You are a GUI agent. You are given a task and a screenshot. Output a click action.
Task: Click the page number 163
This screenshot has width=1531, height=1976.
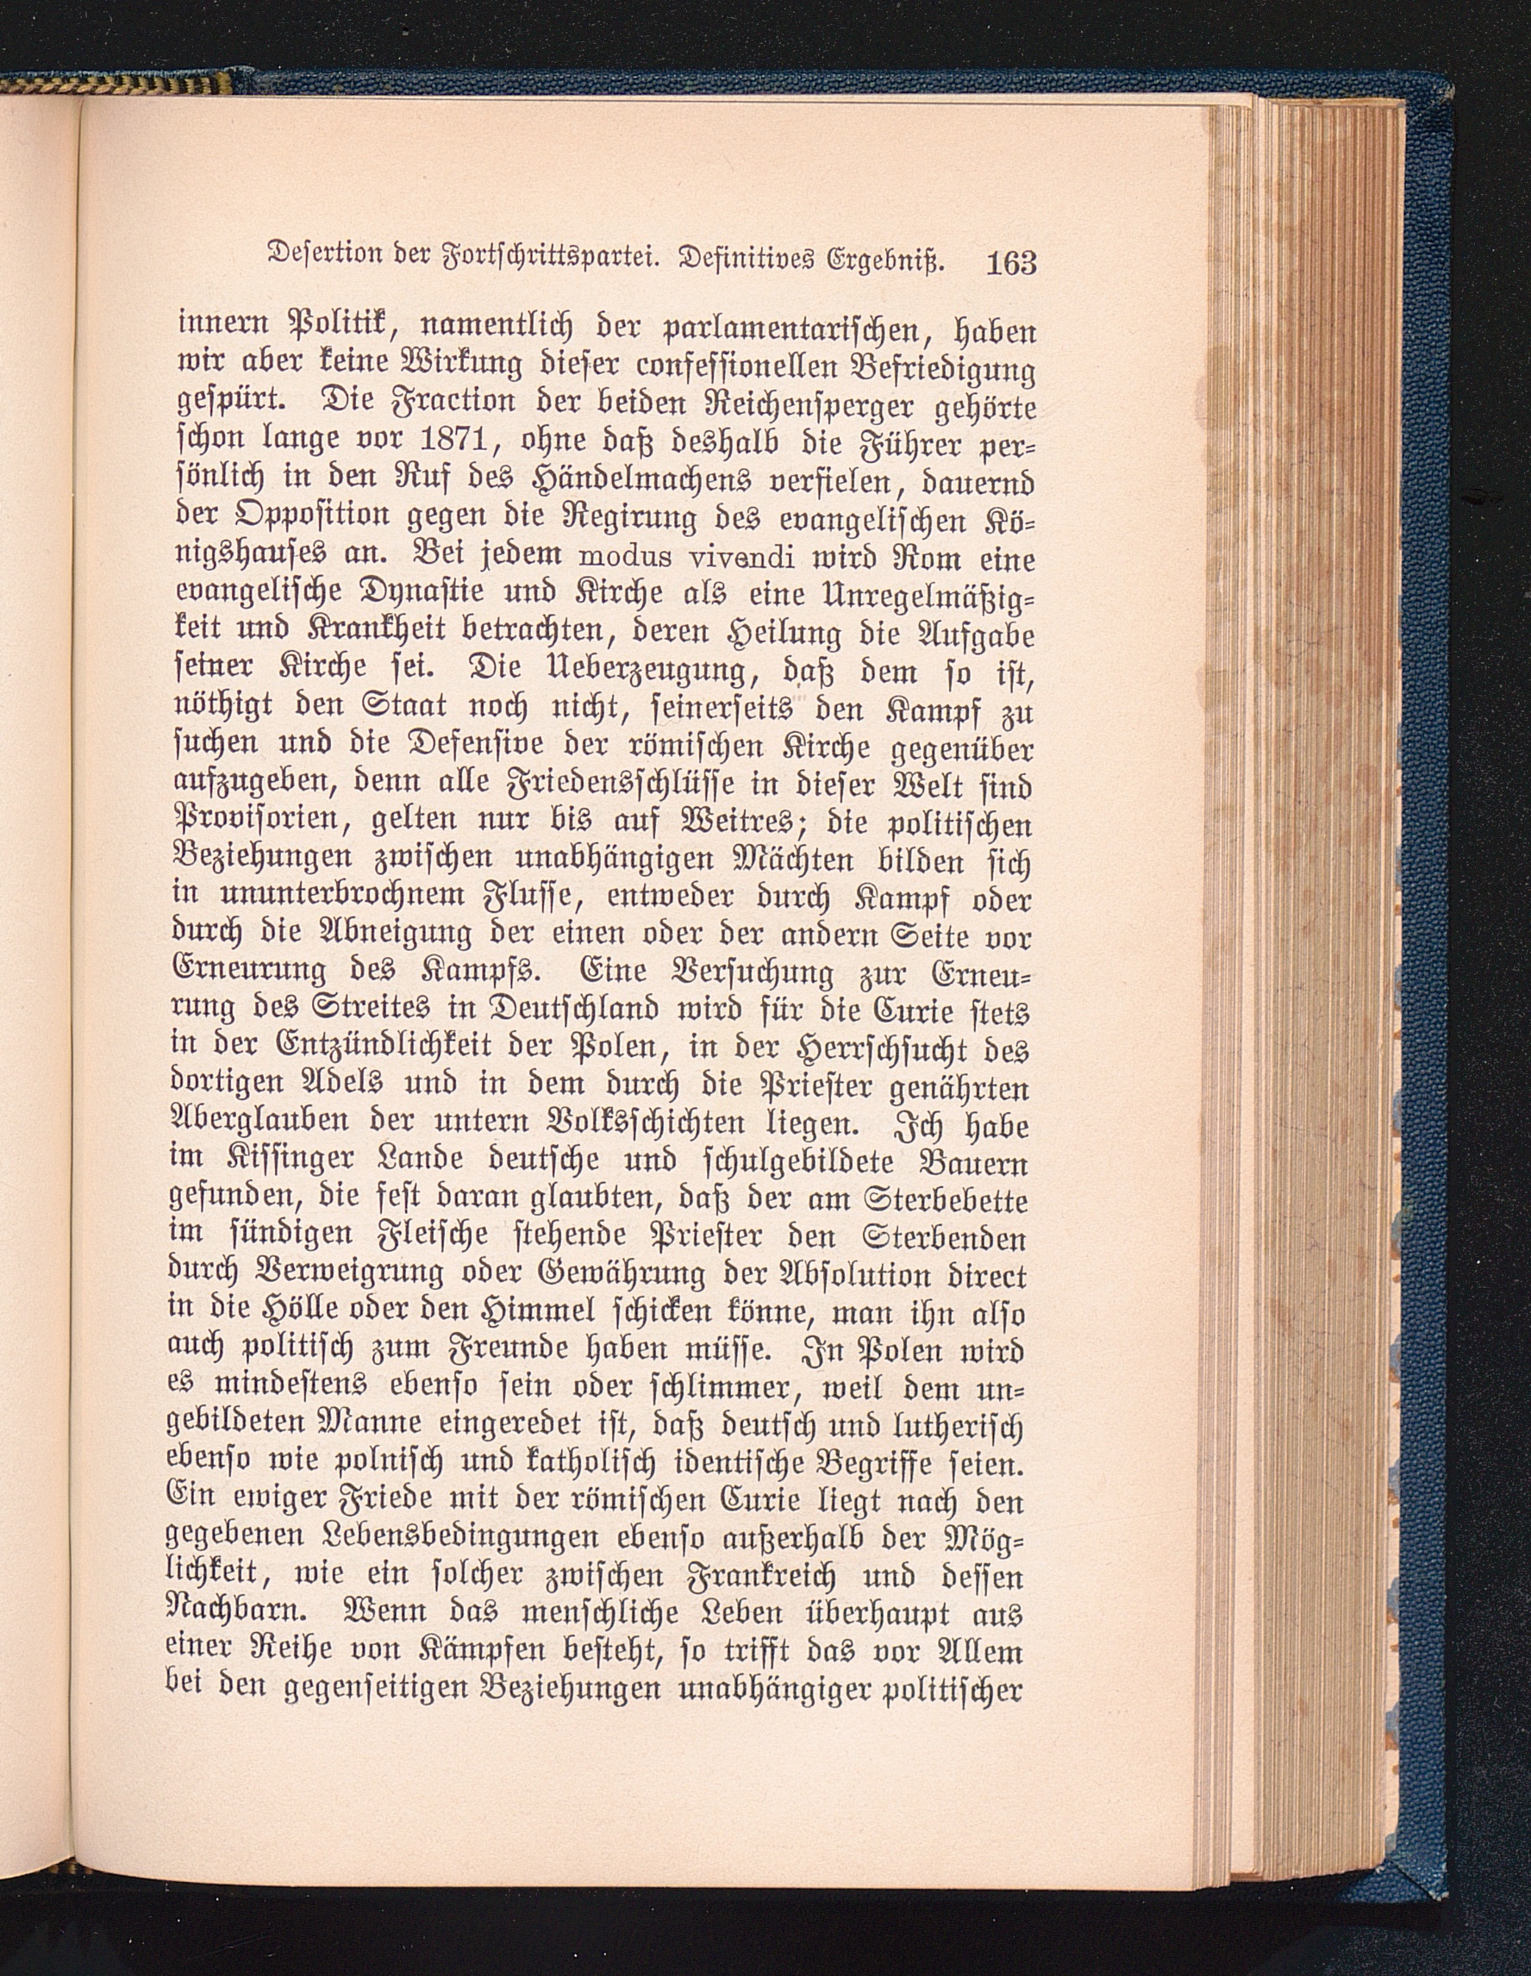pyautogui.click(x=1009, y=263)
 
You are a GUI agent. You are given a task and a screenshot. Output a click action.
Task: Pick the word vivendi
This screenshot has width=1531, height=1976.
pyautogui.click(x=713, y=559)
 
